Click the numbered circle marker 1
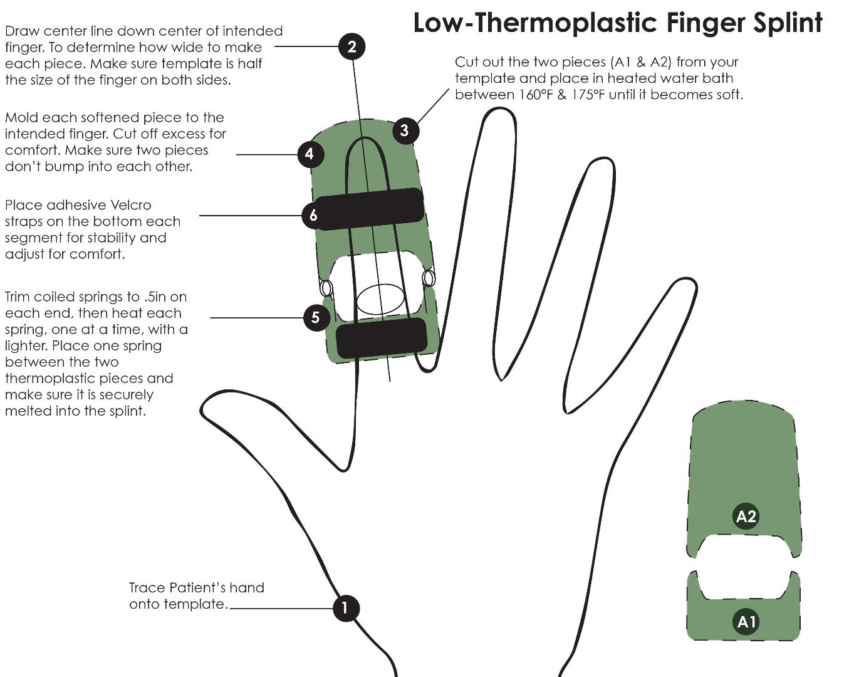[345, 607]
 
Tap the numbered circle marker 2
[351, 46]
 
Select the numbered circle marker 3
[404, 130]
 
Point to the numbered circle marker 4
[310, 154]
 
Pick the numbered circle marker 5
[315, 317]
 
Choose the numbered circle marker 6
[313, 215]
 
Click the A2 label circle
[746, 517]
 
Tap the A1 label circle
[746, 621]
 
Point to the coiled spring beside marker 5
[326, 288]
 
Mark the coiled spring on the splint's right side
[429, 277]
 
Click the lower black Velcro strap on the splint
[382, 338]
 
